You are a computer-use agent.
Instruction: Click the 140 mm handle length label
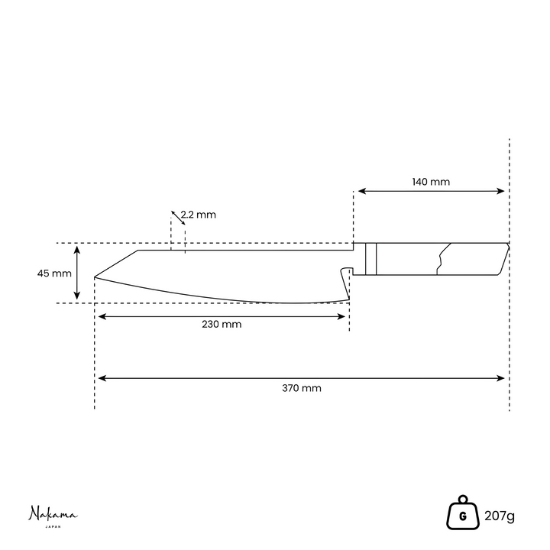tap(431, 182)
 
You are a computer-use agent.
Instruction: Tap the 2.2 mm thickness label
tap(199, 215)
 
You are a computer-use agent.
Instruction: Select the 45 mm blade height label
tap(54, 273)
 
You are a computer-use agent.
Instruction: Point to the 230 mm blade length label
tap(222, 324)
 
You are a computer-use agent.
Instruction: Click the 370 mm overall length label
tap(302, 388)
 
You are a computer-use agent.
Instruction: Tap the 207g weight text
tap(500, 516)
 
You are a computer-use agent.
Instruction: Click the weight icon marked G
tap(463, 513)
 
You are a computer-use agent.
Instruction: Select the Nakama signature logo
tap(53, 514)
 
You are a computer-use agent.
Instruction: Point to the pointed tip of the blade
tap(95, 277)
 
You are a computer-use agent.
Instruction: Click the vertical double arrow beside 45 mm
tap(77, 273)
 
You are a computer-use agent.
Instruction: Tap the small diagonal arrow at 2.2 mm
tap(178, 218)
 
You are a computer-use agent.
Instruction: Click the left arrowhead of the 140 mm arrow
tap(362, 191)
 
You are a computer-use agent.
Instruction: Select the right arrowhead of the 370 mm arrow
tap(500, 378)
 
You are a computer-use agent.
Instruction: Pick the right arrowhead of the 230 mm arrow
tap(341, 317)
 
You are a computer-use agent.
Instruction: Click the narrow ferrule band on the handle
tap(370, 259)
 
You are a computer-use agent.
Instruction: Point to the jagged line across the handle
tap(443, 258)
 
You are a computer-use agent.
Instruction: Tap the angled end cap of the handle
tap(503, 259)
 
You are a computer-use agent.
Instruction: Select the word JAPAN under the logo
tap(53, 527)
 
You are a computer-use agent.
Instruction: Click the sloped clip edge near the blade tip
tap(116, 264)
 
